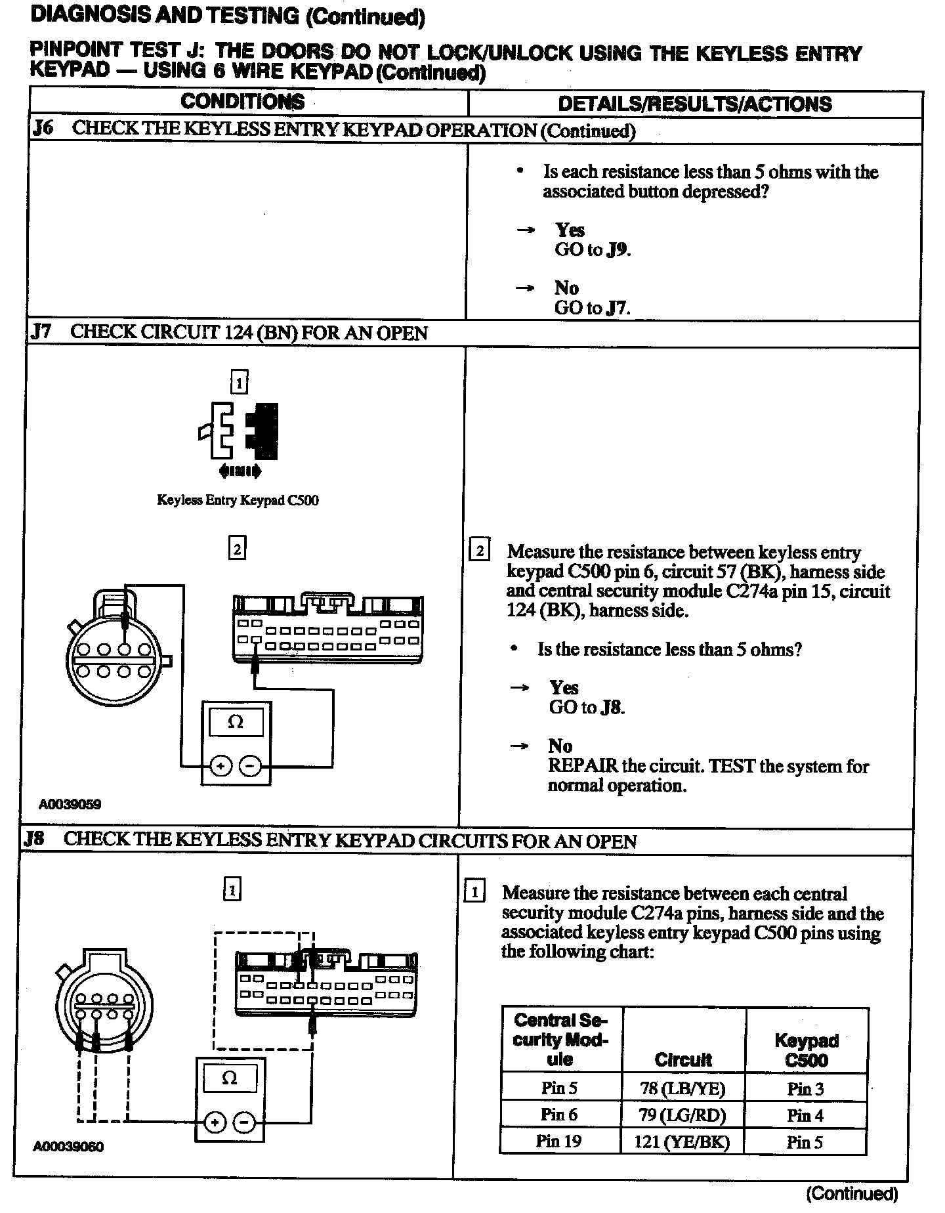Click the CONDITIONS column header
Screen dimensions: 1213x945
(243, 102)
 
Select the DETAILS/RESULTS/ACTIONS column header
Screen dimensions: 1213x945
(694, 104)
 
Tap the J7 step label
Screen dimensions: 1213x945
(41, 331)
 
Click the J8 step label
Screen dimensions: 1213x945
(35, 840)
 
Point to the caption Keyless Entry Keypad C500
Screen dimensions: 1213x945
(238, 500)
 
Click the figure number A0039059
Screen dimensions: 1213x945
(70, 804)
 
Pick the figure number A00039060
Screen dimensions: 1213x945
(68, 1147)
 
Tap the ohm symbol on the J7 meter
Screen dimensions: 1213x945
(235, 722)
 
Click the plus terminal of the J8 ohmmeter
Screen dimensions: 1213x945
(214, 1122)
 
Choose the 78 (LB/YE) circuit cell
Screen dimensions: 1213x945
(682, 1089)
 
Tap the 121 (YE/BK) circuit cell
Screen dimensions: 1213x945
(682, 1141)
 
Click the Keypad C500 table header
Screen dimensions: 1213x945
(807, 1050)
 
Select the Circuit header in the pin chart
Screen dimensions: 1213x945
(683, 1059)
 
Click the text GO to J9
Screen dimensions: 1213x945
(593, 249)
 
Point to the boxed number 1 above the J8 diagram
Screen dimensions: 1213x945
(232, 890)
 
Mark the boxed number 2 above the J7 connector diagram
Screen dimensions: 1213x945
(237, 548)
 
